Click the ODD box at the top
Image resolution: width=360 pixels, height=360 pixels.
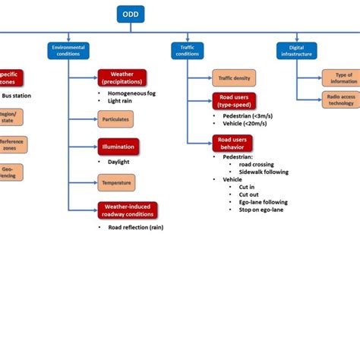point(131,14)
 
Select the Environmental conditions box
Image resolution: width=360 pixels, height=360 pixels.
point(68,50)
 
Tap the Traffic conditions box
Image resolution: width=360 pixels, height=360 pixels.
point(187,50)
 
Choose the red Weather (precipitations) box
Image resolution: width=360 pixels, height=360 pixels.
point(122,77)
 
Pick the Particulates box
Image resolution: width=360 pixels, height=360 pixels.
point(115,118)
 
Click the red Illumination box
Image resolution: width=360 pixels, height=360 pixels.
point(118,147)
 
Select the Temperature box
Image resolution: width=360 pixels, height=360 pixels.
point(115,182)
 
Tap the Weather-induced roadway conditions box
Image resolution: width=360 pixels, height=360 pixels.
point(127,210)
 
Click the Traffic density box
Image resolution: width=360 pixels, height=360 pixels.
point(234,77)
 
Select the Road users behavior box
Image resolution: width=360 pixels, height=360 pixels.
point(232,143)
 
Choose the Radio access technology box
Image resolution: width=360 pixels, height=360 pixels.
point(340,99)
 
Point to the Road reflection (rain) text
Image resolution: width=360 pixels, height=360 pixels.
point(135,227)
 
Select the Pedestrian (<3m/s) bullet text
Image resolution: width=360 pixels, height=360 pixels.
point(247,117)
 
